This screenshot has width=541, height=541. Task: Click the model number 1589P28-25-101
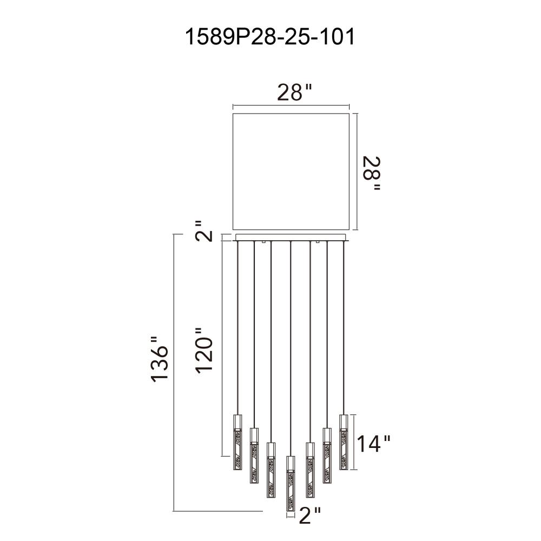click(270, 37)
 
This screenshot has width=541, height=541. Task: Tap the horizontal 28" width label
click(295, 92)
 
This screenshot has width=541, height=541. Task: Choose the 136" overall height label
click(160, 359)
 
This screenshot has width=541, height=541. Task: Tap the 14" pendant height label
click(373, 444)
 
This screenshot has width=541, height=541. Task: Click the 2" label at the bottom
click(310, 516)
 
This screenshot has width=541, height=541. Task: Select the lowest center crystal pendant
click(291, 483)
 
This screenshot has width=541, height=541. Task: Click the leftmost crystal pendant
click(237, 443)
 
